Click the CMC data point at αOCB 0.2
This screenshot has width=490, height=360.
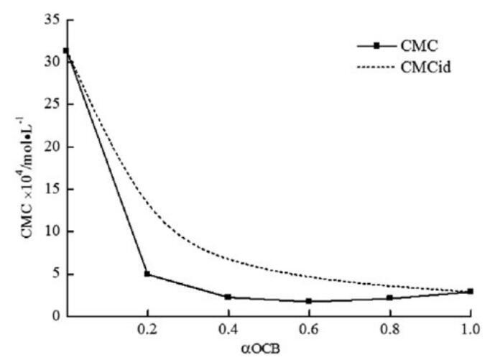(147, 274)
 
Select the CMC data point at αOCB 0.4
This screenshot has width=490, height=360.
(228, 297)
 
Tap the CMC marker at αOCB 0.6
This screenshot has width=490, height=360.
(308, 301)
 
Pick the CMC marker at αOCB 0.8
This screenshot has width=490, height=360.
(389, 297)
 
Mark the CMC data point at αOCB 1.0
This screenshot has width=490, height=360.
(470, 291)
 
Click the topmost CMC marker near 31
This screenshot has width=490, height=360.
(66, 51)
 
